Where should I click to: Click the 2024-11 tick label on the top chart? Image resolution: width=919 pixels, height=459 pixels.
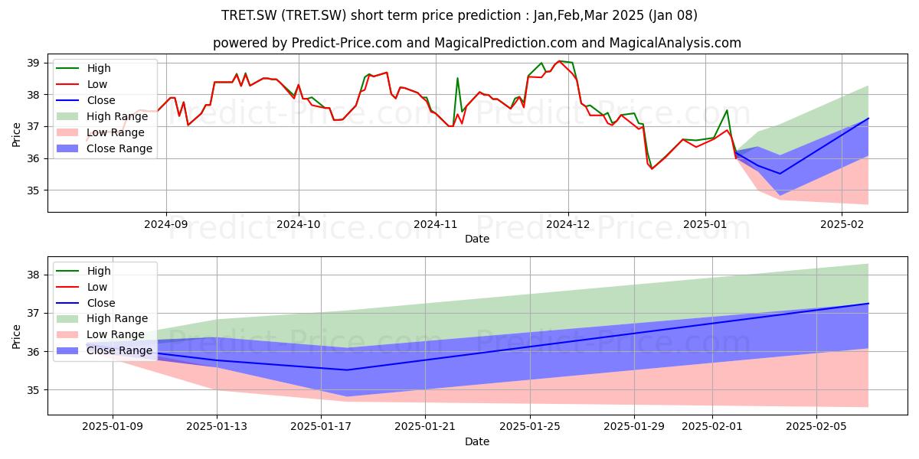tap(435, 224)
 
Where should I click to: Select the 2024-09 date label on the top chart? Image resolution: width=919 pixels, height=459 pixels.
tap(165, 224)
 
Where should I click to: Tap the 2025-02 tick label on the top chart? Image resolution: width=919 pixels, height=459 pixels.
tap(842, 224)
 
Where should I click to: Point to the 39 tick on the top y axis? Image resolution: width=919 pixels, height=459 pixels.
tap(33, 63)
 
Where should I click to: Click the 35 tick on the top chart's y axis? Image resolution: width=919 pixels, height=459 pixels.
tap(33, 190)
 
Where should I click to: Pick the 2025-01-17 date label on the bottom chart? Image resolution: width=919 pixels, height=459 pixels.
tap(321, 427)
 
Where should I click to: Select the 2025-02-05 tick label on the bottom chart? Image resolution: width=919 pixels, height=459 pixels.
tap(816, 427)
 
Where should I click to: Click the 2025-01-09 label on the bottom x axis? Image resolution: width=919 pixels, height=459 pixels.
tap(113, 427)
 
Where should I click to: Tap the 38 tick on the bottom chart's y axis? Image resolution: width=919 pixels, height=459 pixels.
tap(33, 275)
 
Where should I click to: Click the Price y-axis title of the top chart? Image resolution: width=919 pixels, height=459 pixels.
tap(16, 135)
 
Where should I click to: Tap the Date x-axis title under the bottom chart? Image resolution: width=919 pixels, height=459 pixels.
tap(476, 441)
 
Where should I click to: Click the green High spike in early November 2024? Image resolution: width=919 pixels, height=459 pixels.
tap(457, 78)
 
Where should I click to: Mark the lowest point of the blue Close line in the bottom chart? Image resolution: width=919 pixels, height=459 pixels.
tap(347, 370)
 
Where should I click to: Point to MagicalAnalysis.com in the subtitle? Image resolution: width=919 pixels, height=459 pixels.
tap(675, 43)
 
